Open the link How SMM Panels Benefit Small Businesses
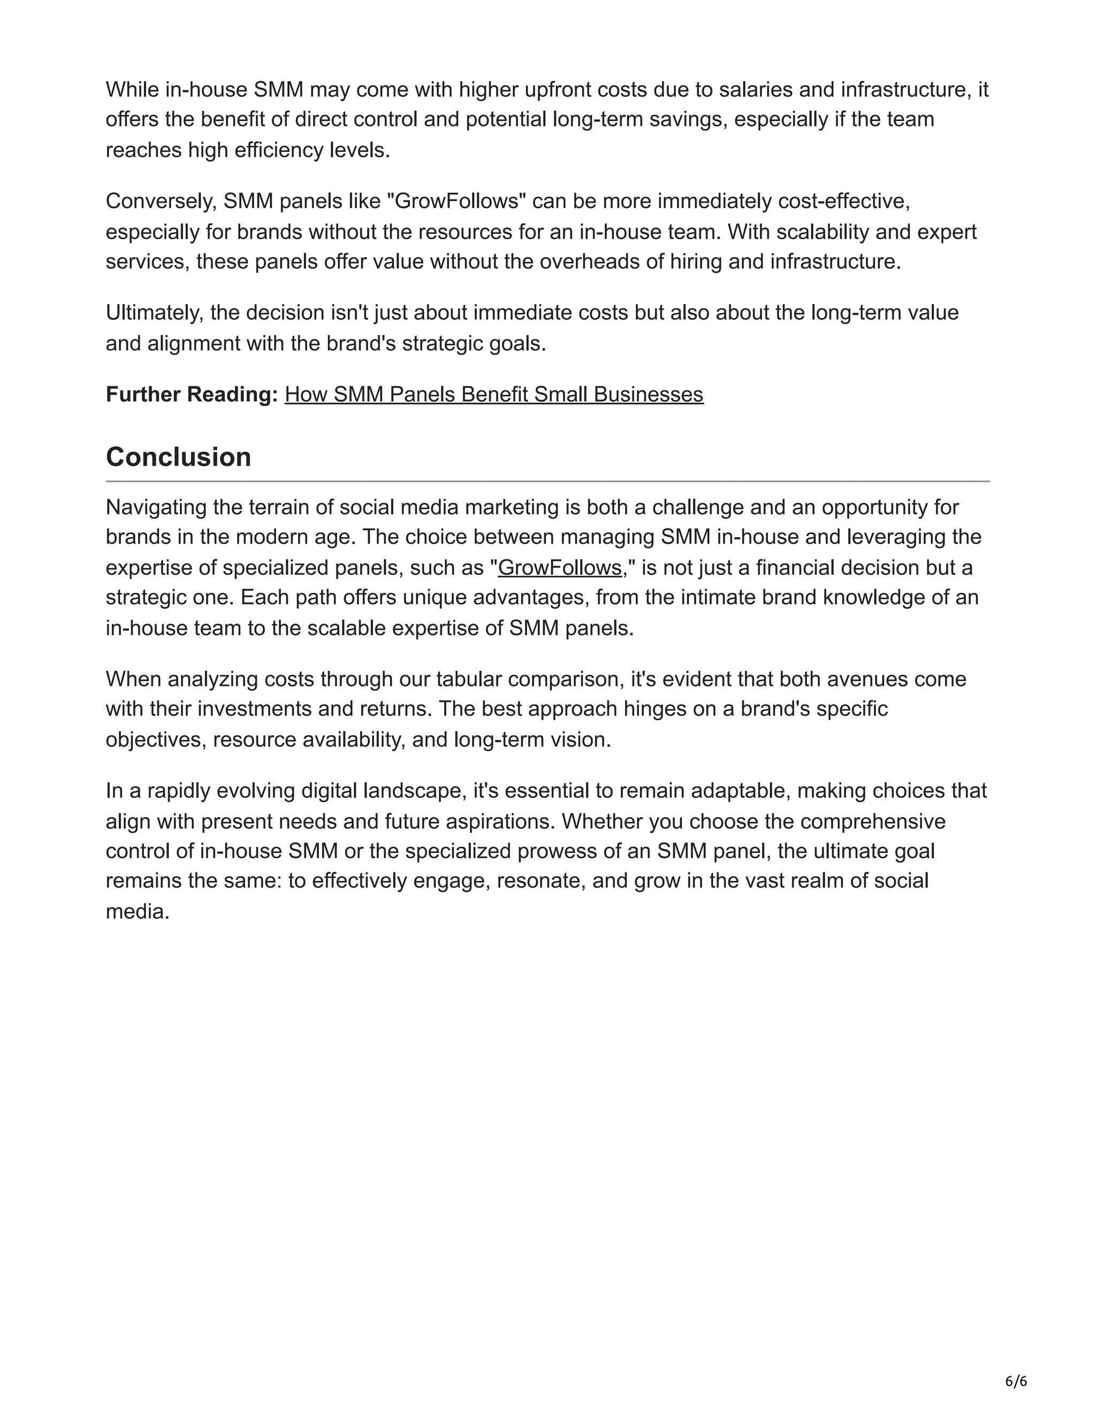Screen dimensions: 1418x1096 (493, 394)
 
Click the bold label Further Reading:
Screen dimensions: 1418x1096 (192, 394)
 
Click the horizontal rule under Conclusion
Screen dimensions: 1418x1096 (547, 481)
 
